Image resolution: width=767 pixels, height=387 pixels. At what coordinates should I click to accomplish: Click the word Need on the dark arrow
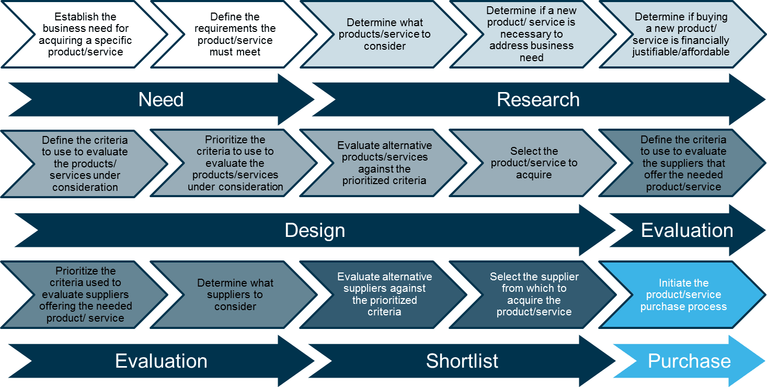point(161,100)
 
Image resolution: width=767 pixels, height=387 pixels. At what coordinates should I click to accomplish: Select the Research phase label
point(538,100)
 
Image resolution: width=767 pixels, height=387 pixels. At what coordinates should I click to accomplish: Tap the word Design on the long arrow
point(315,231)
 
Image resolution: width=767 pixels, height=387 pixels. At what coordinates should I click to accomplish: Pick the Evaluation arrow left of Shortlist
point(161,361)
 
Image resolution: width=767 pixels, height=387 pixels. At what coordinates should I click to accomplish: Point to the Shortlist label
point(462,361)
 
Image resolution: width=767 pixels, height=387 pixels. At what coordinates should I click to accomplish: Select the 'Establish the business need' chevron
point(85,34)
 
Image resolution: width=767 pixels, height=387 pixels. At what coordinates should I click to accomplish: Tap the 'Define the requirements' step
point(234,34)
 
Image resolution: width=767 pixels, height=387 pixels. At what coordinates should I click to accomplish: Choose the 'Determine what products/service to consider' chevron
point(384,34)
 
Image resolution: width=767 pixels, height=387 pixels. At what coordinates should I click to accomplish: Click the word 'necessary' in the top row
point(531,34)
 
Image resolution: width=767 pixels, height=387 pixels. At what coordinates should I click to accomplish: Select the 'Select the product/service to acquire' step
point(533,163)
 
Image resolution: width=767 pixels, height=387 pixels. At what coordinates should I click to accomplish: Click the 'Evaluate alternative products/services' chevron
point(384,163)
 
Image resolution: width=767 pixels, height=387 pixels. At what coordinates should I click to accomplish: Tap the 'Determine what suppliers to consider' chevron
point(234,295)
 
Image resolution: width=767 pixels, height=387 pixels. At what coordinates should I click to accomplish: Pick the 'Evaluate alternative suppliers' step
point(384,295)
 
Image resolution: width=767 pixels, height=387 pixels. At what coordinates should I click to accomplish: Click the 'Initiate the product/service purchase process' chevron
point(683,295)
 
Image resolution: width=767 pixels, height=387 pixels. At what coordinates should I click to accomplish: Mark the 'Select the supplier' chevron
point(533,295)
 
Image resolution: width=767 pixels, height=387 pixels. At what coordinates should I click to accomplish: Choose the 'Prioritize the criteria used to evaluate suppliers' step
point(85,295)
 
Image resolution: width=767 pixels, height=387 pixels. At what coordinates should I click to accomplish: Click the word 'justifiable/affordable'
point(681,52)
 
